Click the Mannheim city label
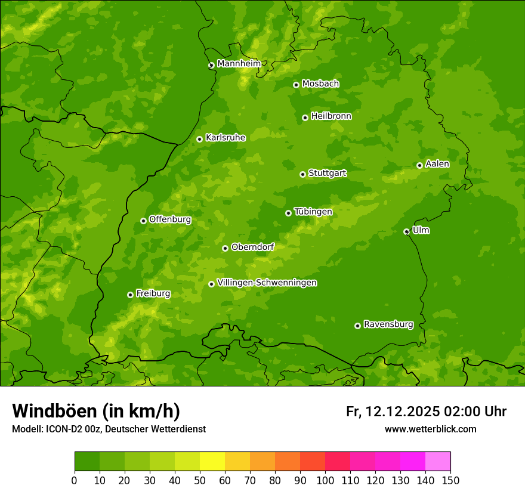pyautogui.click(x=239, y=64)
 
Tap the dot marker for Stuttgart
pyautogui.click(x=302, y=174)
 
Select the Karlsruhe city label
pyautogui.click(x=225, y=138)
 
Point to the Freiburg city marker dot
pyautogui.click(x=130, y=295)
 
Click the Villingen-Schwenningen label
pyautogui.click(x=267, y=283)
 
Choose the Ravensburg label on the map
pyautogui.click(x=388, y=324)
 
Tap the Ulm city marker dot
pyautogui.click(x=406, y=231)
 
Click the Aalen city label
pyautogui.click(x=437, y=164)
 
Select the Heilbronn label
pyautogui.click(x=331, y=116)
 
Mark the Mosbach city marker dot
pyautogui.click(x=296, y=85)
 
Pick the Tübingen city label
pyautogui.click(x=313, y=212)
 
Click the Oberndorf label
pyautogui.click(x=252, y=247)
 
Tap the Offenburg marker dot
pyautogui.click(x=143, y=221)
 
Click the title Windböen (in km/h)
pyautogui.click(x=96, y=411)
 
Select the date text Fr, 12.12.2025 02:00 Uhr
pyautogui.click(x=426, y=412)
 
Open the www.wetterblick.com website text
pyautogui.click(x=430, y=429)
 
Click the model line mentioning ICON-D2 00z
pyautogui.click(x=109, y=429)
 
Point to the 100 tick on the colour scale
pyautogui.click(x=325, y=480)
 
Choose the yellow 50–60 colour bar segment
pyautogui.click(x=212, y=462)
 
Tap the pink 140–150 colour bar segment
pyautogui.click(x=438, y=462)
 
